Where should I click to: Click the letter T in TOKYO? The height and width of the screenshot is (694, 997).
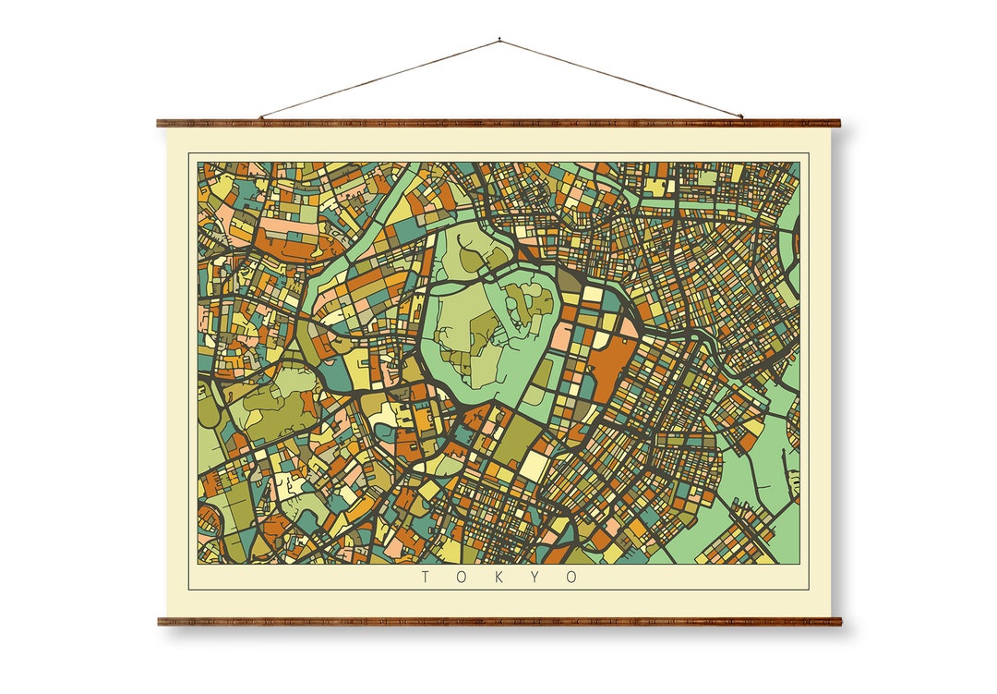(426, 578)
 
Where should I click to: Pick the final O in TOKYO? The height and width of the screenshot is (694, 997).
(572, 578)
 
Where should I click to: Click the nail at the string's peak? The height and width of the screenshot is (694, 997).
(499, 40)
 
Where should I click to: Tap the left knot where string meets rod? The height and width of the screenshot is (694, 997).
(261, 117)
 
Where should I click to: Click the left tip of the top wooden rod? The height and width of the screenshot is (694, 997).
(159, 123)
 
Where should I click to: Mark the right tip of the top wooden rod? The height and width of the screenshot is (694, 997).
(839, 123)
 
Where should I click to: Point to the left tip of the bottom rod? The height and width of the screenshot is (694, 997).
(160, 622)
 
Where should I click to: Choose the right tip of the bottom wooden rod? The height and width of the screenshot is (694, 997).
(840, 622)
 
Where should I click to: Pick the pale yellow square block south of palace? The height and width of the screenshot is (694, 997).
(535, 465)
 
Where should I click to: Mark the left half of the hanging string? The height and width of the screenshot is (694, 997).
(378, 79)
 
